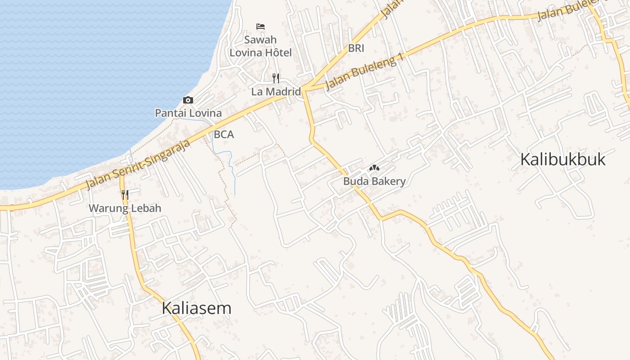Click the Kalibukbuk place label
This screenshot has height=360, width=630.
(563, 160)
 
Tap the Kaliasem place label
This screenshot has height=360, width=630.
(196, 308)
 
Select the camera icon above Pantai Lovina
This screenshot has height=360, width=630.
(188, 100)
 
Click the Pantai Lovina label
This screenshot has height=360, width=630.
(188, 113)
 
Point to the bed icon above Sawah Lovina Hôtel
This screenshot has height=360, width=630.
(260, 27)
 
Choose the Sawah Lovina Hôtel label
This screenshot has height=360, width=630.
(261, 46)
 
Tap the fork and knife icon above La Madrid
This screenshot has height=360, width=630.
(276, 78)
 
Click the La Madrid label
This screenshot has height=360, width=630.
(276, 92)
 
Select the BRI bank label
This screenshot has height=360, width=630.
(356, 48)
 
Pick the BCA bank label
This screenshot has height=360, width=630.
(224, 134)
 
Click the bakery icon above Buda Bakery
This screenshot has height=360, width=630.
(374, 168)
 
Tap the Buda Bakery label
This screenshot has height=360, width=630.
(374, 181)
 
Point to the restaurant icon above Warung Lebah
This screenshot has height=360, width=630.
(125, 195)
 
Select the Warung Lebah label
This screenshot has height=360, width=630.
(125, 208)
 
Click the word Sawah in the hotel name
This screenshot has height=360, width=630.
(261, 40)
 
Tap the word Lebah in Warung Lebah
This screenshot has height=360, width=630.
(146, 208)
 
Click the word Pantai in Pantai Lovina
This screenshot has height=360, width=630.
(170, 113)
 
